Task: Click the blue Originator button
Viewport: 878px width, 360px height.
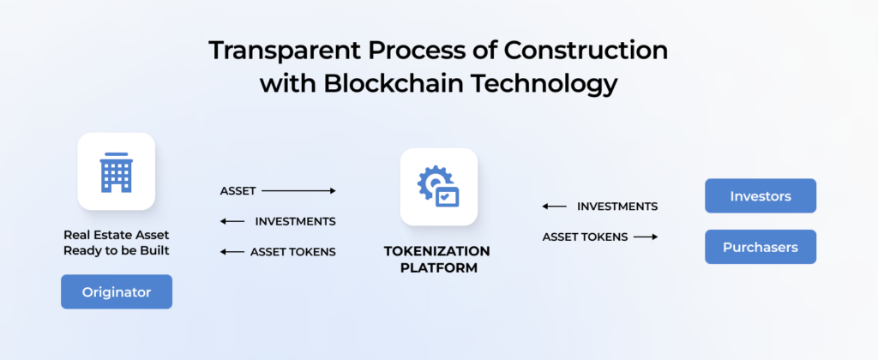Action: point(117,292)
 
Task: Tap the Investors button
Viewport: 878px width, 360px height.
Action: point(760,196)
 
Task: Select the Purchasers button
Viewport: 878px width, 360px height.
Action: point(760,248)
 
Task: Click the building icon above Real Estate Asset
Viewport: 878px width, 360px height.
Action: point(116,171)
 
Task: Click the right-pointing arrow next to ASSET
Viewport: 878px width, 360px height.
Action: point(298,191)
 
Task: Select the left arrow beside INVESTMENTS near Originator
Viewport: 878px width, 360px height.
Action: point(232,221)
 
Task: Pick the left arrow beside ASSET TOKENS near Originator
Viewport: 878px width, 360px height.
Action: point(232,252)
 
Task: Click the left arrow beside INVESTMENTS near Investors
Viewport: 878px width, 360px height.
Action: point(554,207)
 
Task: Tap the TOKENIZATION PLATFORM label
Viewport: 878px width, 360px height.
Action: point(437,260)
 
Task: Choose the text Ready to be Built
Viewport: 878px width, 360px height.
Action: point(116,250)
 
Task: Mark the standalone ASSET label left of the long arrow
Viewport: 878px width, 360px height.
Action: point(238,191)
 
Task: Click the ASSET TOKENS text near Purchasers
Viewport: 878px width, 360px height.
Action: point(585,237)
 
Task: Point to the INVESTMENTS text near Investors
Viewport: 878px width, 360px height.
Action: point(617,207)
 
